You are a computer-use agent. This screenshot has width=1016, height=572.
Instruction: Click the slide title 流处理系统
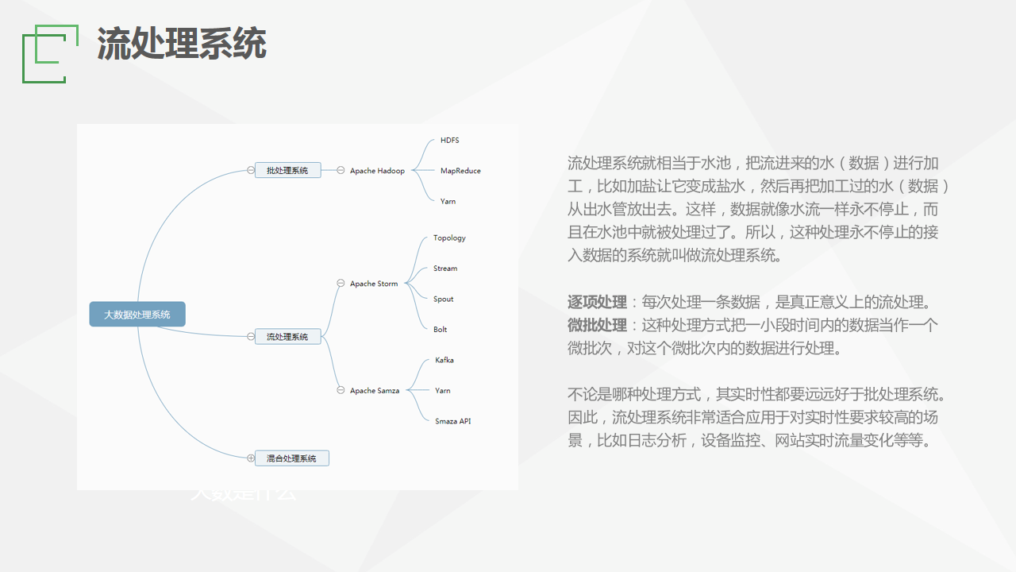pyautogui.click(x=181, y=44)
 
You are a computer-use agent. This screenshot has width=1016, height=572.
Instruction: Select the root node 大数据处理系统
pyautogui.click(x=137, y=315)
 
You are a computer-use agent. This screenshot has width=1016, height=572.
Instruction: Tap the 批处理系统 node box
pyautogui.click(x=287, y=170)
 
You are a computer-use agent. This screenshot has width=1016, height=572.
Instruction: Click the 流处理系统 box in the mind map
pyautogui.click(x=287, y=337)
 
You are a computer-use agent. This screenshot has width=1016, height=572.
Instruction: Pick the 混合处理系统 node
pyautogui.click(x=291, y=458)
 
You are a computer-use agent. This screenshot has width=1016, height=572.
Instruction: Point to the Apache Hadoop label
pyautogui.click(x=377, y=171)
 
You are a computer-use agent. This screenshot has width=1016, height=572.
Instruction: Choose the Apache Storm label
pyautogui.click(x=374, y=284)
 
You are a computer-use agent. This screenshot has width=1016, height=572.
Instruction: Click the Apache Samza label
pyautogui.click(x=375, y=391)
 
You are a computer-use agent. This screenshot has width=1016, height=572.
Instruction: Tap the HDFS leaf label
pyautogui.click(x=449, y=141)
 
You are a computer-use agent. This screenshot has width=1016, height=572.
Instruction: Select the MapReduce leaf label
pyautogui.click(x=460, y=171)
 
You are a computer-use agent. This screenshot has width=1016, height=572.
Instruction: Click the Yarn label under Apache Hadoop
pyautogui.click(x=448, y=202)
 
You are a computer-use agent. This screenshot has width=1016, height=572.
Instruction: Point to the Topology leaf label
pyautogui.click(x=449, y=238)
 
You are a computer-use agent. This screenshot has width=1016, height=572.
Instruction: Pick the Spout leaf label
pyautogui.click(x=444, y=300)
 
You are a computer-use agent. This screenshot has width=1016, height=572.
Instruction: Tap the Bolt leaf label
pyautogui.click(x=440, y=330)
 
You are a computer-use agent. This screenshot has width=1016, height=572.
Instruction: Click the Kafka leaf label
pyautogui.click(x=444, y=361)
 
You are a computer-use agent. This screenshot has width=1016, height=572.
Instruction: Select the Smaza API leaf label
pyautogui.click(x=452, y=421)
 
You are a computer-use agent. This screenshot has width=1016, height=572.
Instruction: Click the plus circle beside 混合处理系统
pyautogui.click(x=251, y=458)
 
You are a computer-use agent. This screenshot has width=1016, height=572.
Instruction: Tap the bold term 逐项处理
pyautogui.click(x=597, y=303)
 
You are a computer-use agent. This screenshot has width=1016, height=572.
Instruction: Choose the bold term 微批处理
pyautogui.click(x=597, y=326)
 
